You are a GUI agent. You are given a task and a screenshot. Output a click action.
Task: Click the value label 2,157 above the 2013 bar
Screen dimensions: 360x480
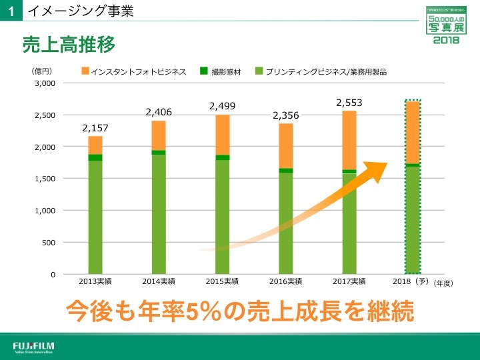[95, 128]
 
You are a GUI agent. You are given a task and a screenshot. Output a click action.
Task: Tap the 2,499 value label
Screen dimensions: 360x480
[222, 106]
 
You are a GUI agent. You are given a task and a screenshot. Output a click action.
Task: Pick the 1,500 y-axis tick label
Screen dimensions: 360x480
[45, 179]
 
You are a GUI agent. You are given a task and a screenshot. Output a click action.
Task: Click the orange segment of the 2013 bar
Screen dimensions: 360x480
[95, 145]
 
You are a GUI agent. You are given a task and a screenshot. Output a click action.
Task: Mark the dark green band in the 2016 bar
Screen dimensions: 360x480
[286, 171]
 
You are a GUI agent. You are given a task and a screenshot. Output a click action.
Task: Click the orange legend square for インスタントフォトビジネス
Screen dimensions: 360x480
[85, 71]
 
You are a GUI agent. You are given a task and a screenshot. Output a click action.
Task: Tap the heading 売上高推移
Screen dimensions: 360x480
[69, 44]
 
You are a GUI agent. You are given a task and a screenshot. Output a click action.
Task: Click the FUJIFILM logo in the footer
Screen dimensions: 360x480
[34, 347]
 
